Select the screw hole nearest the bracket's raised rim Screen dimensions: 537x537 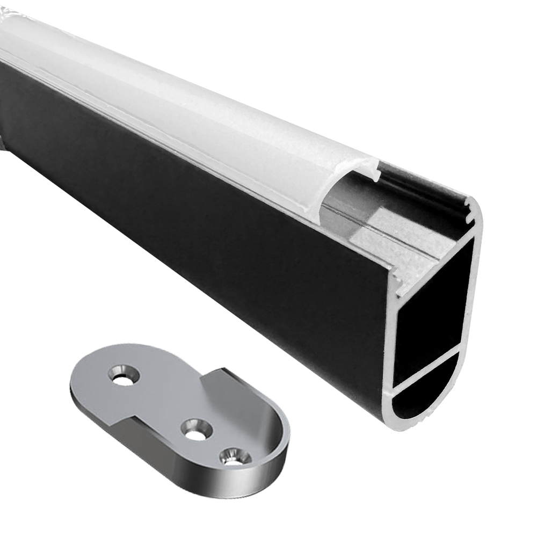point(231,455)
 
